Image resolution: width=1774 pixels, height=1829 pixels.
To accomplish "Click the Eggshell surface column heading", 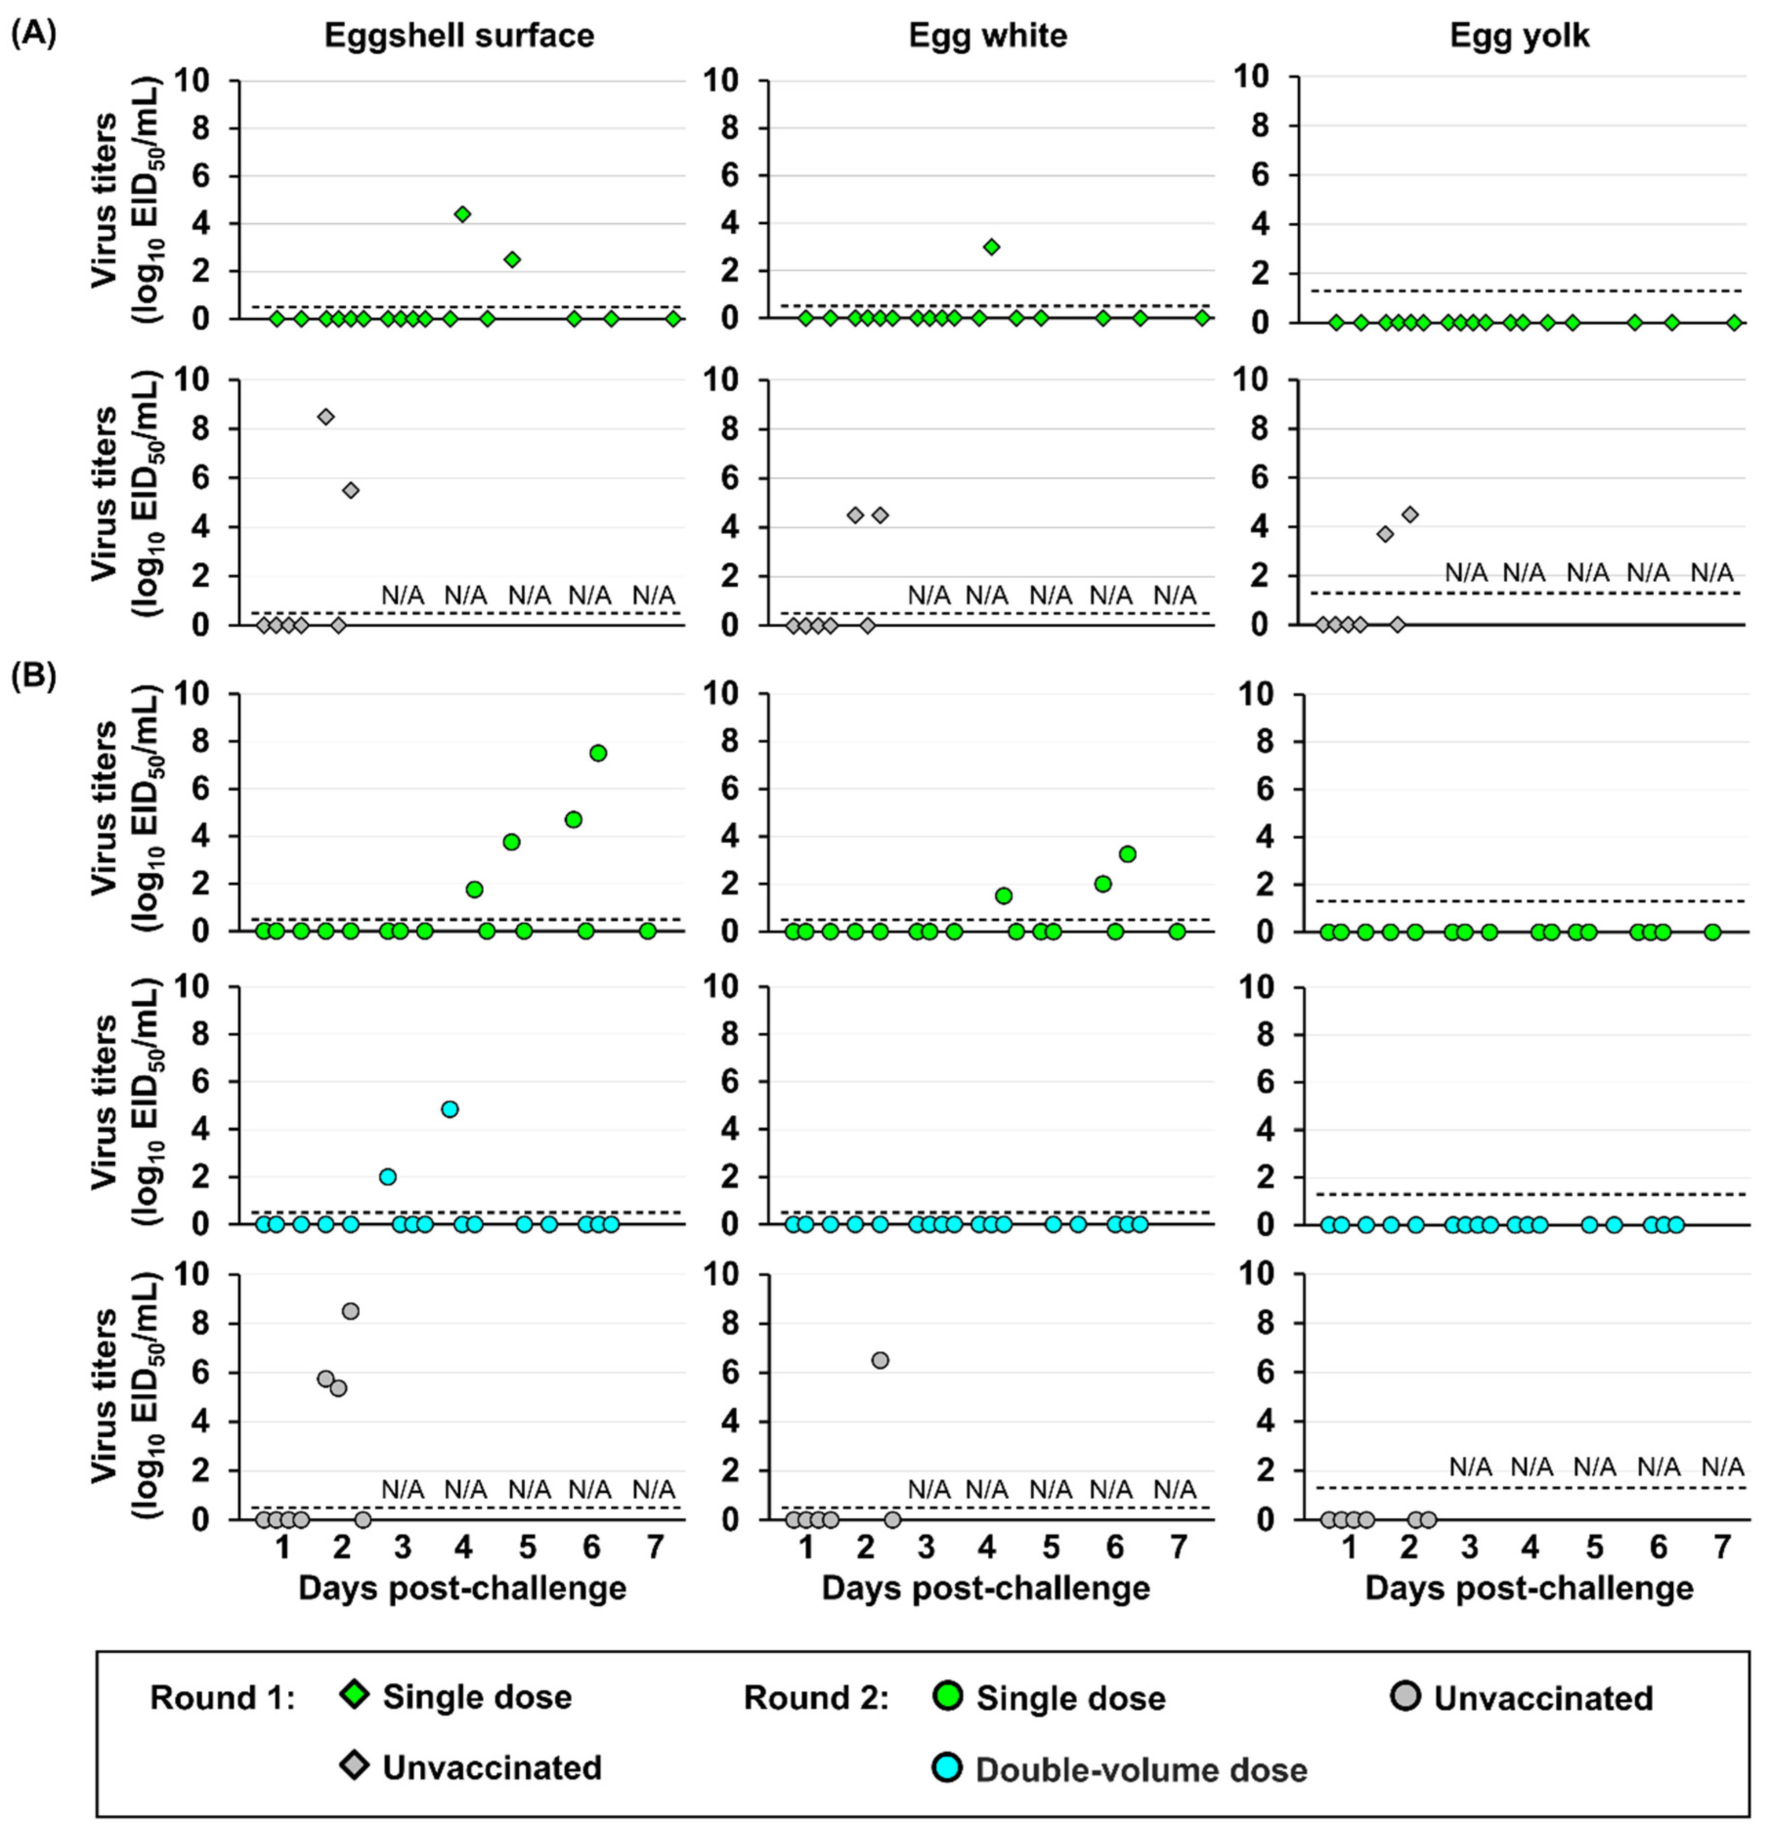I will click(x=459, y=36).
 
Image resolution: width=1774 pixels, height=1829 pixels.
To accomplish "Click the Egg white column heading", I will click(x=988, y=36).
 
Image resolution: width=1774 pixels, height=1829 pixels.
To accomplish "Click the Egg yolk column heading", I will click(x=1519, y=36).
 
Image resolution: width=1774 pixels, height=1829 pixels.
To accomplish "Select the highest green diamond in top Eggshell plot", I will click(x=462, y=213).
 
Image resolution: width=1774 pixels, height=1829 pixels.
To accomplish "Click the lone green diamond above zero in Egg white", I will click(x=991, y=246).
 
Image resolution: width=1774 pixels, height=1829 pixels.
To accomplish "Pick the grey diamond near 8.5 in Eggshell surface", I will click(x=326, y=416).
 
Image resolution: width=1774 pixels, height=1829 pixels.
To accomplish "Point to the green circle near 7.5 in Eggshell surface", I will click(x=598, y=753).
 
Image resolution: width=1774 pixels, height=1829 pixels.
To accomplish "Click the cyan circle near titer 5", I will click(x=450, y=1108).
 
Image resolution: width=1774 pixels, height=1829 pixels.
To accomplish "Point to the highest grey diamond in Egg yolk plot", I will click(x=1410, y=514).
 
